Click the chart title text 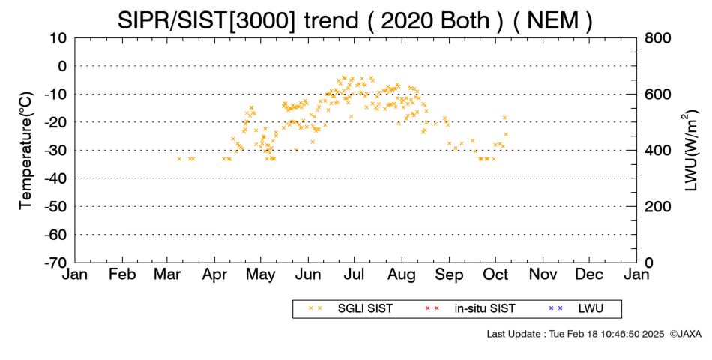coord(355,20)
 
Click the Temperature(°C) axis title coord(26,151)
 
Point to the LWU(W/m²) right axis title coord(690,151)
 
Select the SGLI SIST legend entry coord(350,309)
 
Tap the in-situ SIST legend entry coord(470,309)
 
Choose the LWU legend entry coord(576,309)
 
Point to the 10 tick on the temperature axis coord(58,38)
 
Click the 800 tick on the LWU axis coord(658,38)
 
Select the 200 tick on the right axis coord(658,207)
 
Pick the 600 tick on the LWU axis coord(658,94)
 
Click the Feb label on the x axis coord(122,274)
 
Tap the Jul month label coord(355,274)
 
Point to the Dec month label coord(589,274)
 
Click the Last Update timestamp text coord(576,334)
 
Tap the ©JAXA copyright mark coord(686,334)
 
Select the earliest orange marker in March coord(179,159)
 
